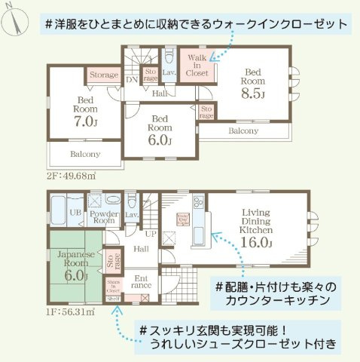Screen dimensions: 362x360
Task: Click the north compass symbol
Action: [14, 20]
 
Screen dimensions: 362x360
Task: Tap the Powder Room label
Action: [103, 216]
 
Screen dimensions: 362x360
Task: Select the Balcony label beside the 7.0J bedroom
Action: [85, 154]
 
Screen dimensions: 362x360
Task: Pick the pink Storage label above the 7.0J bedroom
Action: [104, 75]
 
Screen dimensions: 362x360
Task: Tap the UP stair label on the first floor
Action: [151, 234]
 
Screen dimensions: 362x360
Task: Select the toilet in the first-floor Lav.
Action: [132, 202]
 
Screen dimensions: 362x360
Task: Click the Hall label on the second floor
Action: [160, 94]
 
